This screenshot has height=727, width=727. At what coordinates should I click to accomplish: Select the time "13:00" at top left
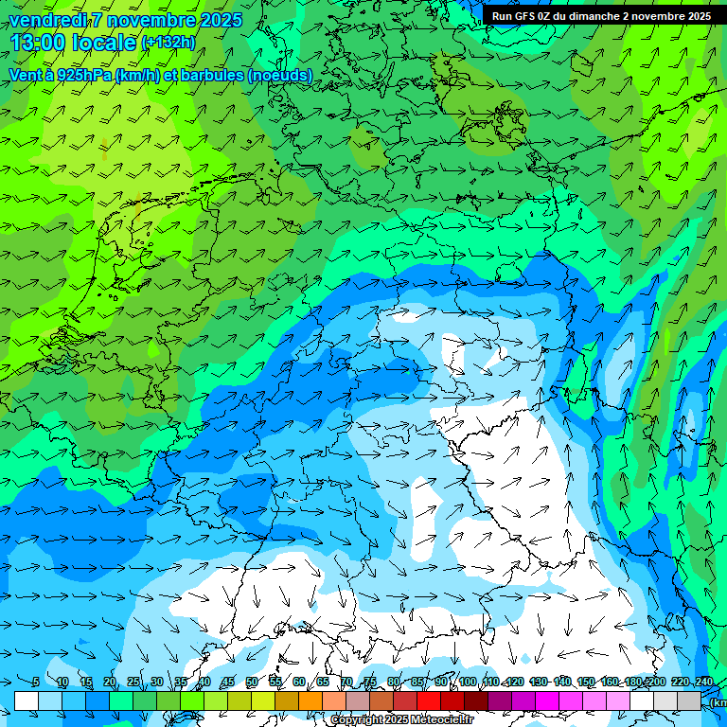click(38, 43)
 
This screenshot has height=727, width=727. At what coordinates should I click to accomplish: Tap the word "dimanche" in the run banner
click(594, 16)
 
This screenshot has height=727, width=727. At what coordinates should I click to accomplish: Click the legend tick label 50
click(251, 683)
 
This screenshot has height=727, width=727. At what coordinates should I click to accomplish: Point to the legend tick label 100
click(468, 683)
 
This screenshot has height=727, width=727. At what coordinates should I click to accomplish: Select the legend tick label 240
click(703, 683)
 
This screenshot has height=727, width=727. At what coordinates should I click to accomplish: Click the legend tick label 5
click(36, 683)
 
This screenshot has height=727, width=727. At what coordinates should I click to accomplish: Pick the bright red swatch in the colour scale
click(429, 700)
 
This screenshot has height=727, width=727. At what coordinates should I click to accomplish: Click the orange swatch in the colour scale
click(310, 700)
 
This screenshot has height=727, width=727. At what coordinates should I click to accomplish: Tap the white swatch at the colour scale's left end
click(27, 700)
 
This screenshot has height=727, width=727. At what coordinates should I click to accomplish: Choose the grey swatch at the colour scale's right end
click(689, 700)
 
